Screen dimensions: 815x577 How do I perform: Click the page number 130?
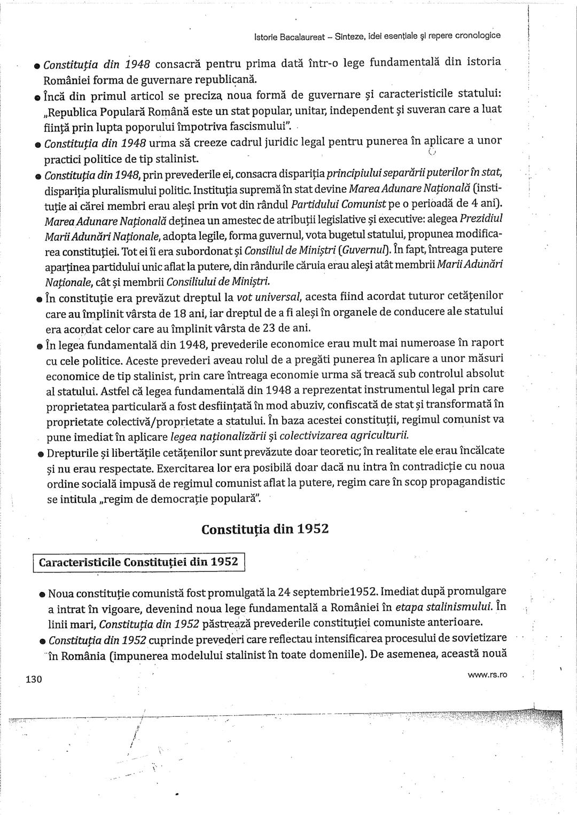click(33, 679)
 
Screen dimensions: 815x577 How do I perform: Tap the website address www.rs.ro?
click(487, 675)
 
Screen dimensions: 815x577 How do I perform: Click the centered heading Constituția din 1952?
click(265, 529)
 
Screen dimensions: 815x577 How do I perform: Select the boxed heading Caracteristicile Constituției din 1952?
click(139, 563)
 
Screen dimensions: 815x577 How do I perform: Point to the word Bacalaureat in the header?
click(300, 36)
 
